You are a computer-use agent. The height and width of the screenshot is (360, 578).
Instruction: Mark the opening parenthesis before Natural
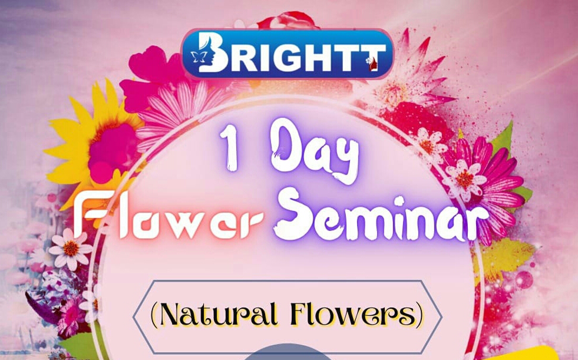click(x=154, y=315)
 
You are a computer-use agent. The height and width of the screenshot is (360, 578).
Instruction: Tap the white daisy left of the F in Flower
click(x=70, y=249)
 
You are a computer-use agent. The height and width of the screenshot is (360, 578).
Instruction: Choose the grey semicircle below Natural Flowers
click(x=288, y=352)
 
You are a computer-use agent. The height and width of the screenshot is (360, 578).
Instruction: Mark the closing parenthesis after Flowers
click(x=419, y=315)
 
